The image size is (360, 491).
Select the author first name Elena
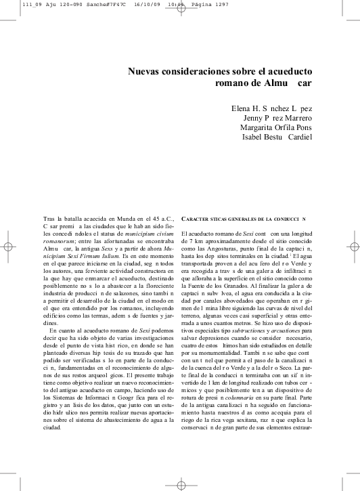[x=242, y=107]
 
